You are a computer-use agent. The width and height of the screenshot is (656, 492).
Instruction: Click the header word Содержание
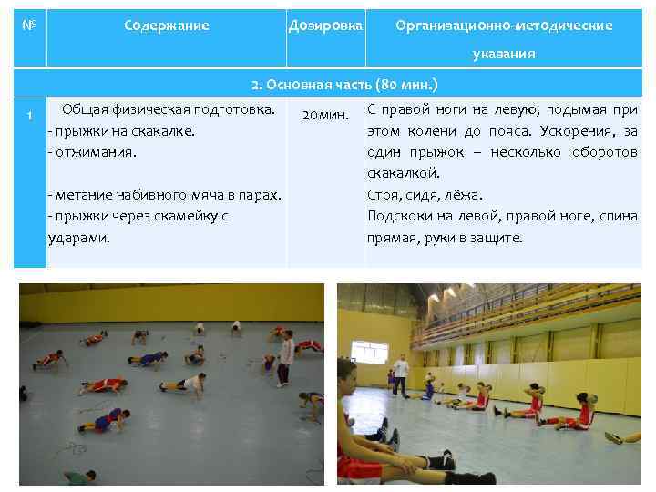(167, 26)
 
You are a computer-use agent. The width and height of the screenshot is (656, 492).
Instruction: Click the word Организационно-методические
(504, 26)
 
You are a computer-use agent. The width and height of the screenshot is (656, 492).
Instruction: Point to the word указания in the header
(504, 54)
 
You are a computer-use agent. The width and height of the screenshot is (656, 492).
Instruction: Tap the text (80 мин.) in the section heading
(407, 86)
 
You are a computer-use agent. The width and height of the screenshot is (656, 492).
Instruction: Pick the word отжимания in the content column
(95, 151)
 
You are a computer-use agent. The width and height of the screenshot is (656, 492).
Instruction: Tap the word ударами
(78, 237)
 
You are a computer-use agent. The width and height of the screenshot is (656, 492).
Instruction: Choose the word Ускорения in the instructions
(567, 131)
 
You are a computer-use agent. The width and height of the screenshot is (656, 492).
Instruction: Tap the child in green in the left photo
(79, 477)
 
